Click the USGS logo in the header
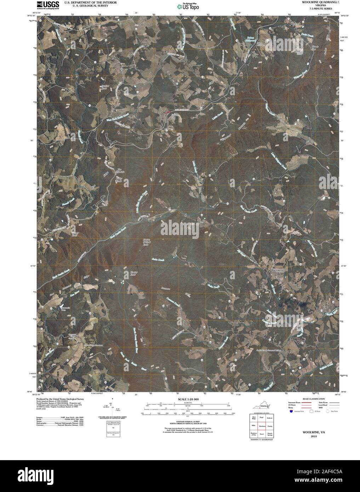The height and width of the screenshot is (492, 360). pos(47,5)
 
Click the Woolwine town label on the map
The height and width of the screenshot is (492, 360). pos(278,270)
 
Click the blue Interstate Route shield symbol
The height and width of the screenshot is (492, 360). pos(291,412)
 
